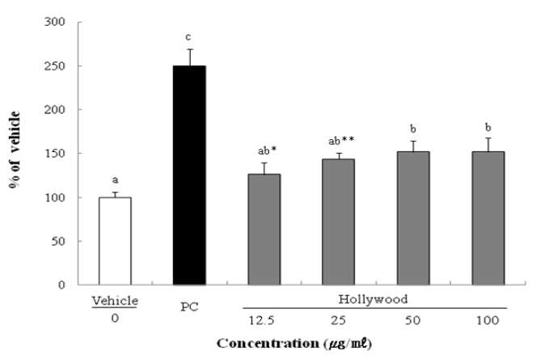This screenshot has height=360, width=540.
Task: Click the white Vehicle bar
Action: point(115,241)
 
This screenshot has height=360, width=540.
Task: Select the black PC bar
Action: point(189,175)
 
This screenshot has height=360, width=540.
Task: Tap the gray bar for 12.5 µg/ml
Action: point(264,230)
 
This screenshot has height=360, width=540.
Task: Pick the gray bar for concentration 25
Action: point(338,222)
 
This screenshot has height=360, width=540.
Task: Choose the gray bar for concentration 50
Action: point(413,218)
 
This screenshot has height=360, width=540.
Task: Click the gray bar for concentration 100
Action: point(488,218)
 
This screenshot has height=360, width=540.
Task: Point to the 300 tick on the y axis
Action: point(55,22)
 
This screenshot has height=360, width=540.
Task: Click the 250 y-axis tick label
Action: point(55,66)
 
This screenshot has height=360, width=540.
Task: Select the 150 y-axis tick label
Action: point(55,153)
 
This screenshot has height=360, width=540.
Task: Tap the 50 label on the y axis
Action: point(58,241)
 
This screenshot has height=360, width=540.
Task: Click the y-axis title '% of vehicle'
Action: point(15,150)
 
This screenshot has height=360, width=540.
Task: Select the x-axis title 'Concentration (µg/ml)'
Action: point(294,344)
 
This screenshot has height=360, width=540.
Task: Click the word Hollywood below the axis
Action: point(373,299)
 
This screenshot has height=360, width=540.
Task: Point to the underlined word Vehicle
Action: point(115,301)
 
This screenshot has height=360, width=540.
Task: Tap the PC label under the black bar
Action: point(189,307)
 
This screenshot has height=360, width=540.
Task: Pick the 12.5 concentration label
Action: point(262,320)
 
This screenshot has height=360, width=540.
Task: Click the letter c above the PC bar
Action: point(188,36)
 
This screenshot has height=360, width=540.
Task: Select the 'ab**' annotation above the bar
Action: point(341,141)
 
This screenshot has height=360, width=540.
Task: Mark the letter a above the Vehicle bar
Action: point(116,180)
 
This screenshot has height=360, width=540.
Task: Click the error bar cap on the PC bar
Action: point(190,49)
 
